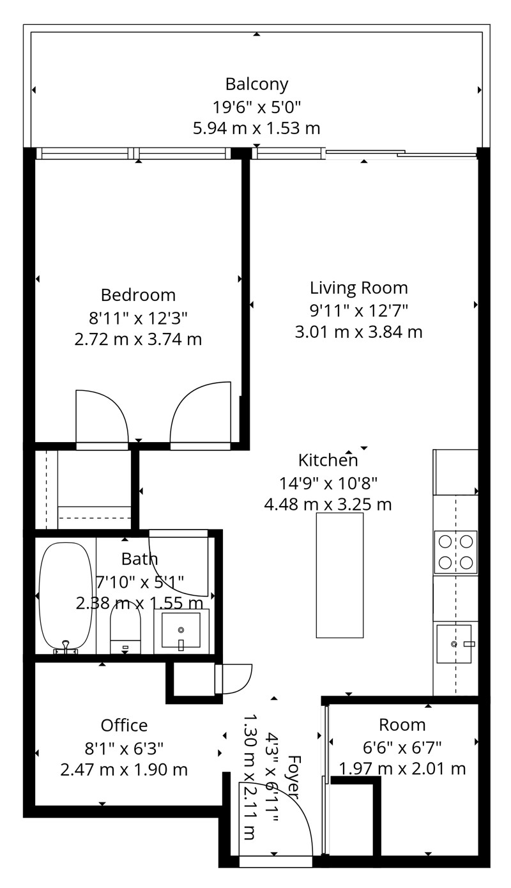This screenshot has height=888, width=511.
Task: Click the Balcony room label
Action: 257,84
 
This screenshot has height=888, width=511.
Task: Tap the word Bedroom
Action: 138,295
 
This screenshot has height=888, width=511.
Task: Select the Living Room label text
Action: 358,288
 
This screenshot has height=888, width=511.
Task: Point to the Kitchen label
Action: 328,460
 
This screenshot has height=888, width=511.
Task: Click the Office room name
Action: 124,726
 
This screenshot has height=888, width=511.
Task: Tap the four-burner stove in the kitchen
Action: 455,552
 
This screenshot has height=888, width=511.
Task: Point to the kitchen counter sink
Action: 454,644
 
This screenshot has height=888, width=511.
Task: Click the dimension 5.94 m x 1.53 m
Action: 257,128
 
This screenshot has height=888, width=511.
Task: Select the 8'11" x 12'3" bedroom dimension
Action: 138,318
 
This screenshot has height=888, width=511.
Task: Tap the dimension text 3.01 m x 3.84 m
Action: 358,332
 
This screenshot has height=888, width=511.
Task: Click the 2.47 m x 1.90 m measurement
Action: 124,770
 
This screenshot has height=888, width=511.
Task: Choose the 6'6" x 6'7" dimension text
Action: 402,748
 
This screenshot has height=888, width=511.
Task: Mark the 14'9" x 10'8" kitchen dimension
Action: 328,483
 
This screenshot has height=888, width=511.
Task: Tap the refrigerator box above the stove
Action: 455,472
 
